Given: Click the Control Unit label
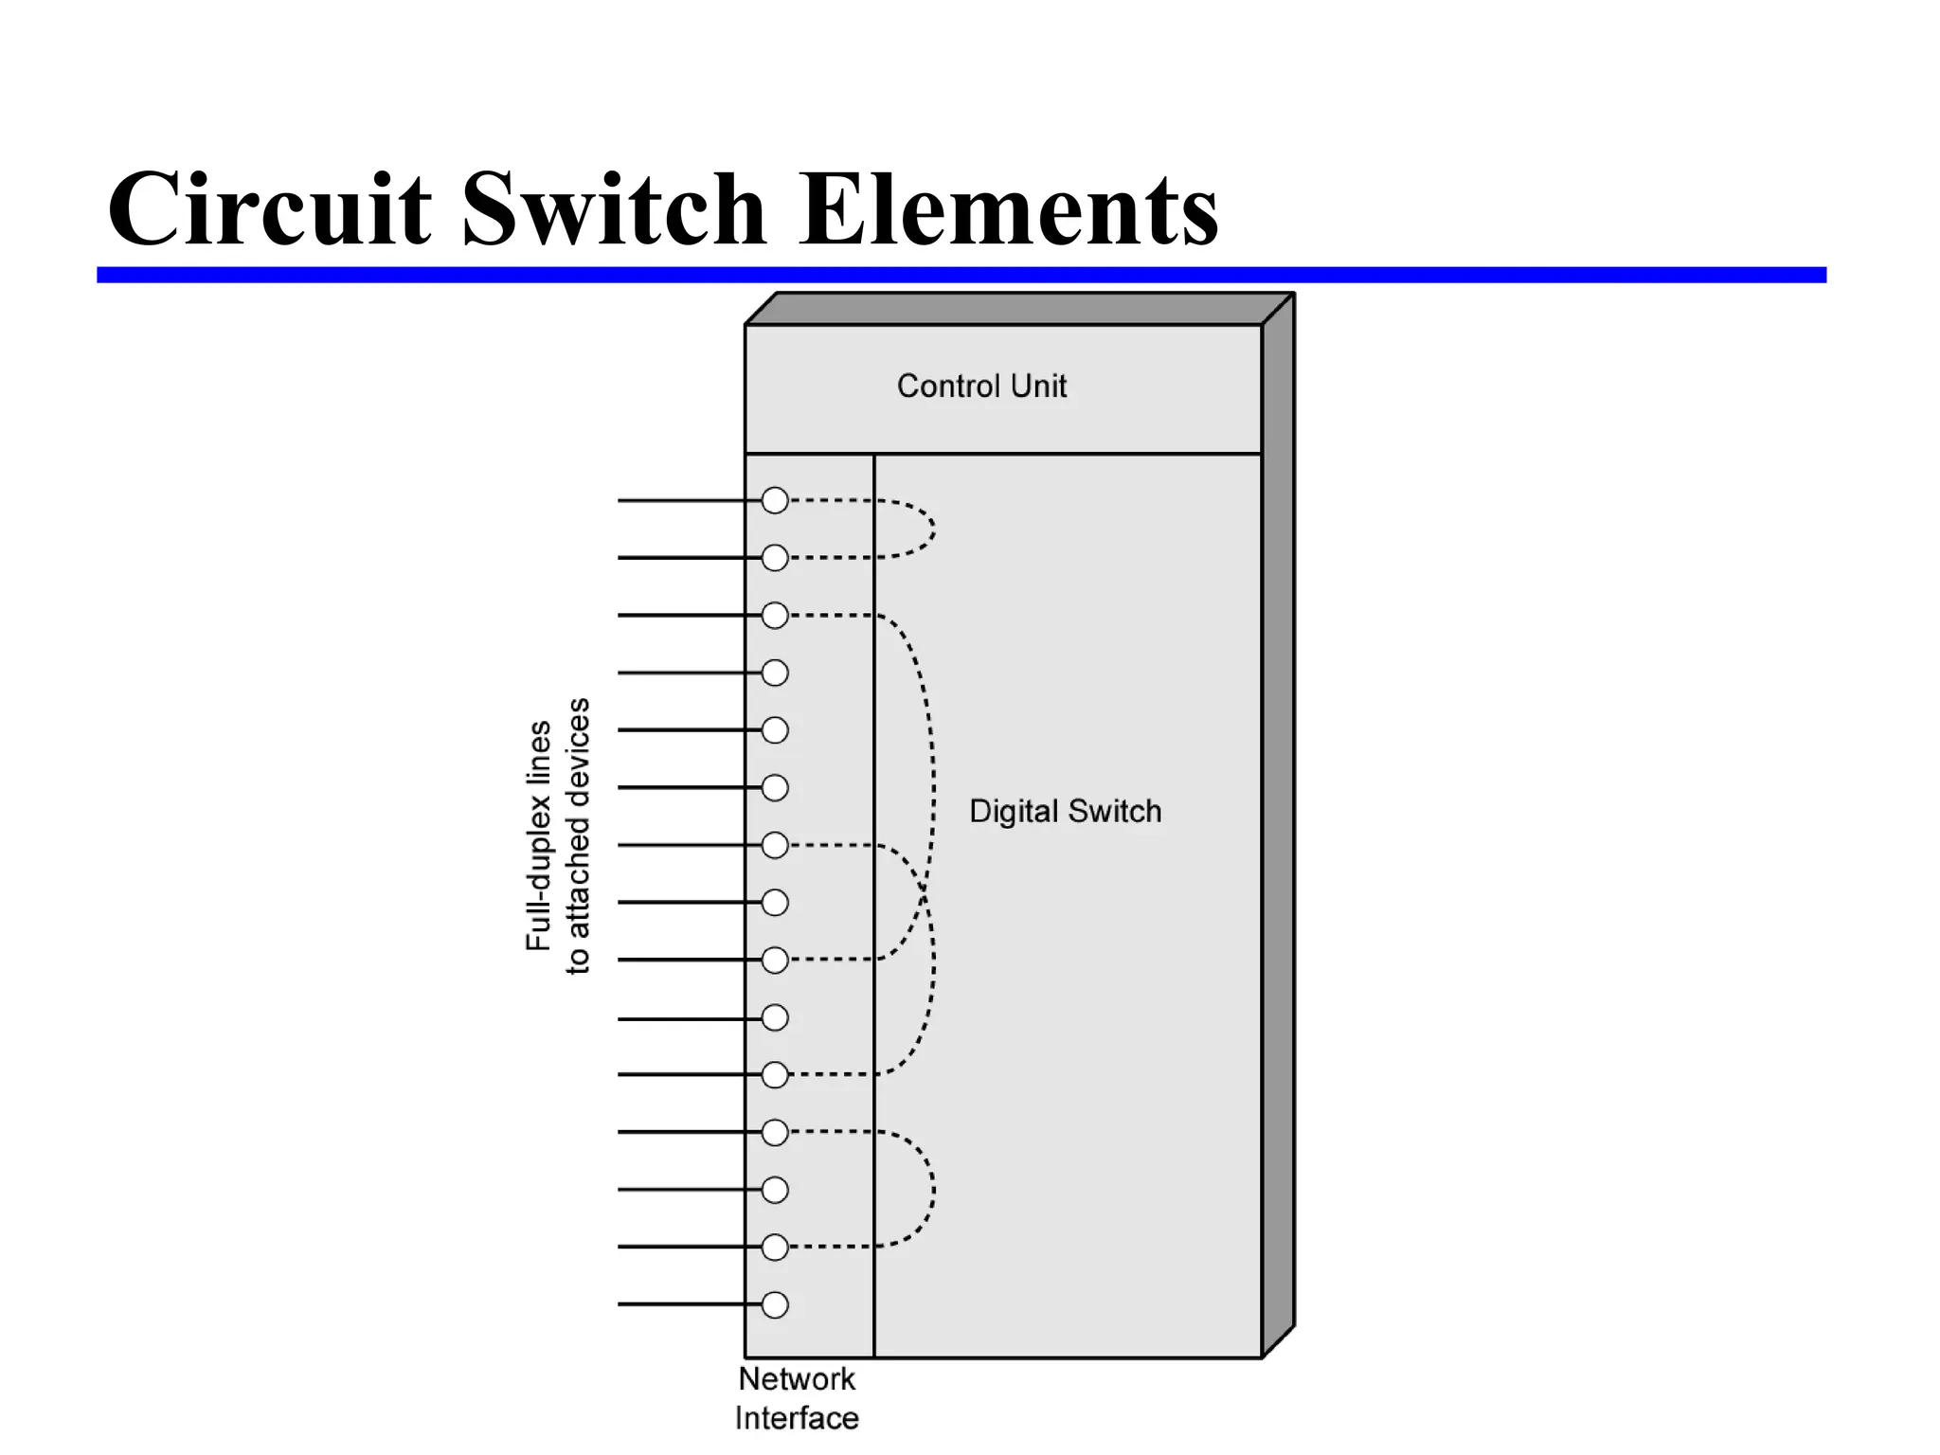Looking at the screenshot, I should [981, 386].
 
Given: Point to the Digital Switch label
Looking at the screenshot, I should [1065, 812].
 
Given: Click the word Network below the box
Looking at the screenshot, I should [797, 1379].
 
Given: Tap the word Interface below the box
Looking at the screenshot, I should [797, 1419].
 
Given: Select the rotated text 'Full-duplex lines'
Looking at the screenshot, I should [538, 835].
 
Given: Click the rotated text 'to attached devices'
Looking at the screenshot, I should [578, 835].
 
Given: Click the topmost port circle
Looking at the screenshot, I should [775, 500].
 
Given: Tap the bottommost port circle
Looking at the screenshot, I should [775, 1304].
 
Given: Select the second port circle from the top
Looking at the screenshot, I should [775, 558].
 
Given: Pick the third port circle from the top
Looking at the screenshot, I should [775, 616].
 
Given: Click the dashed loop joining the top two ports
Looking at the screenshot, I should [933, 529].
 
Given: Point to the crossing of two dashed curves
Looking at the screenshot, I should [923, 890].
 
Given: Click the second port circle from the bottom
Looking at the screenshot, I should [775, 1247].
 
